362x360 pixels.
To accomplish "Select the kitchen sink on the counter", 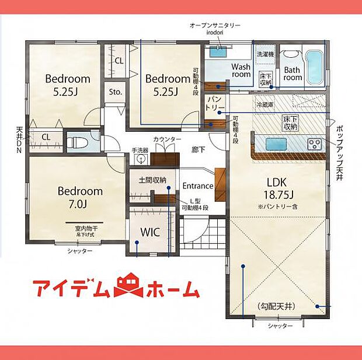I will point(274,144).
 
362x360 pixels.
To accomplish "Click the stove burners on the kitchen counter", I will point(315,143).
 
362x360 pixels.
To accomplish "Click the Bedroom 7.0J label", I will point(80,197).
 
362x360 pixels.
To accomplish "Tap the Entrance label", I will point(198,186).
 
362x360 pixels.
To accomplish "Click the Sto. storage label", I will point(115,92).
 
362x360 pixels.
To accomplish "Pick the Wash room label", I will point(241,71).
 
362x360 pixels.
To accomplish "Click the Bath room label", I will point(293,73).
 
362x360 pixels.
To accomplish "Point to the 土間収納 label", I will point(152,180).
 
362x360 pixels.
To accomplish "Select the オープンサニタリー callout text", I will point(215,26).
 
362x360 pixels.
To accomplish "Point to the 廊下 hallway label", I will point(199,149).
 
